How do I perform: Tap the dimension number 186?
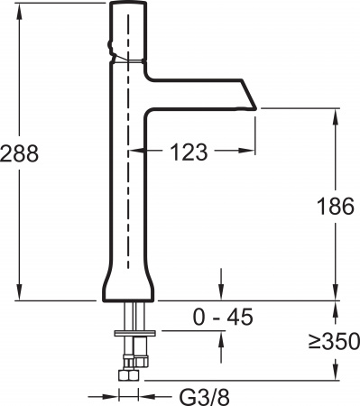337,206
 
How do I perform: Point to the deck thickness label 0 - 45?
222,317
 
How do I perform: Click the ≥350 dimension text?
335,342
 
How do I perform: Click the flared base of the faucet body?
132,287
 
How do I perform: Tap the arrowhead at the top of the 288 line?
20,8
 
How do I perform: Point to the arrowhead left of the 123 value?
138,152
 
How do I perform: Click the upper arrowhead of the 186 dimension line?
337,115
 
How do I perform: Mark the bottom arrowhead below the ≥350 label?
337,374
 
